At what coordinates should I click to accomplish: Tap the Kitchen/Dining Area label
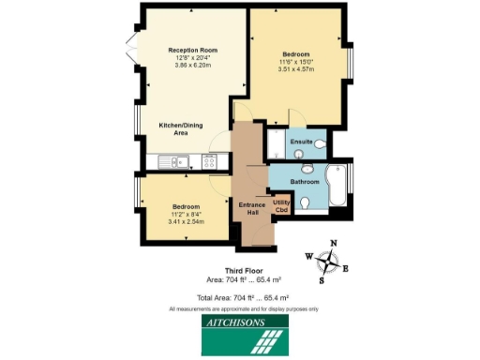coord(183,129)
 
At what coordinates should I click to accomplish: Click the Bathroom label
coord(304,181)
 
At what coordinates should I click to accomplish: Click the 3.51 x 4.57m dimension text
coord(300,68)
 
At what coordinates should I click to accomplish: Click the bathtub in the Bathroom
coord(337,188)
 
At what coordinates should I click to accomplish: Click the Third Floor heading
coord(241,270)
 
